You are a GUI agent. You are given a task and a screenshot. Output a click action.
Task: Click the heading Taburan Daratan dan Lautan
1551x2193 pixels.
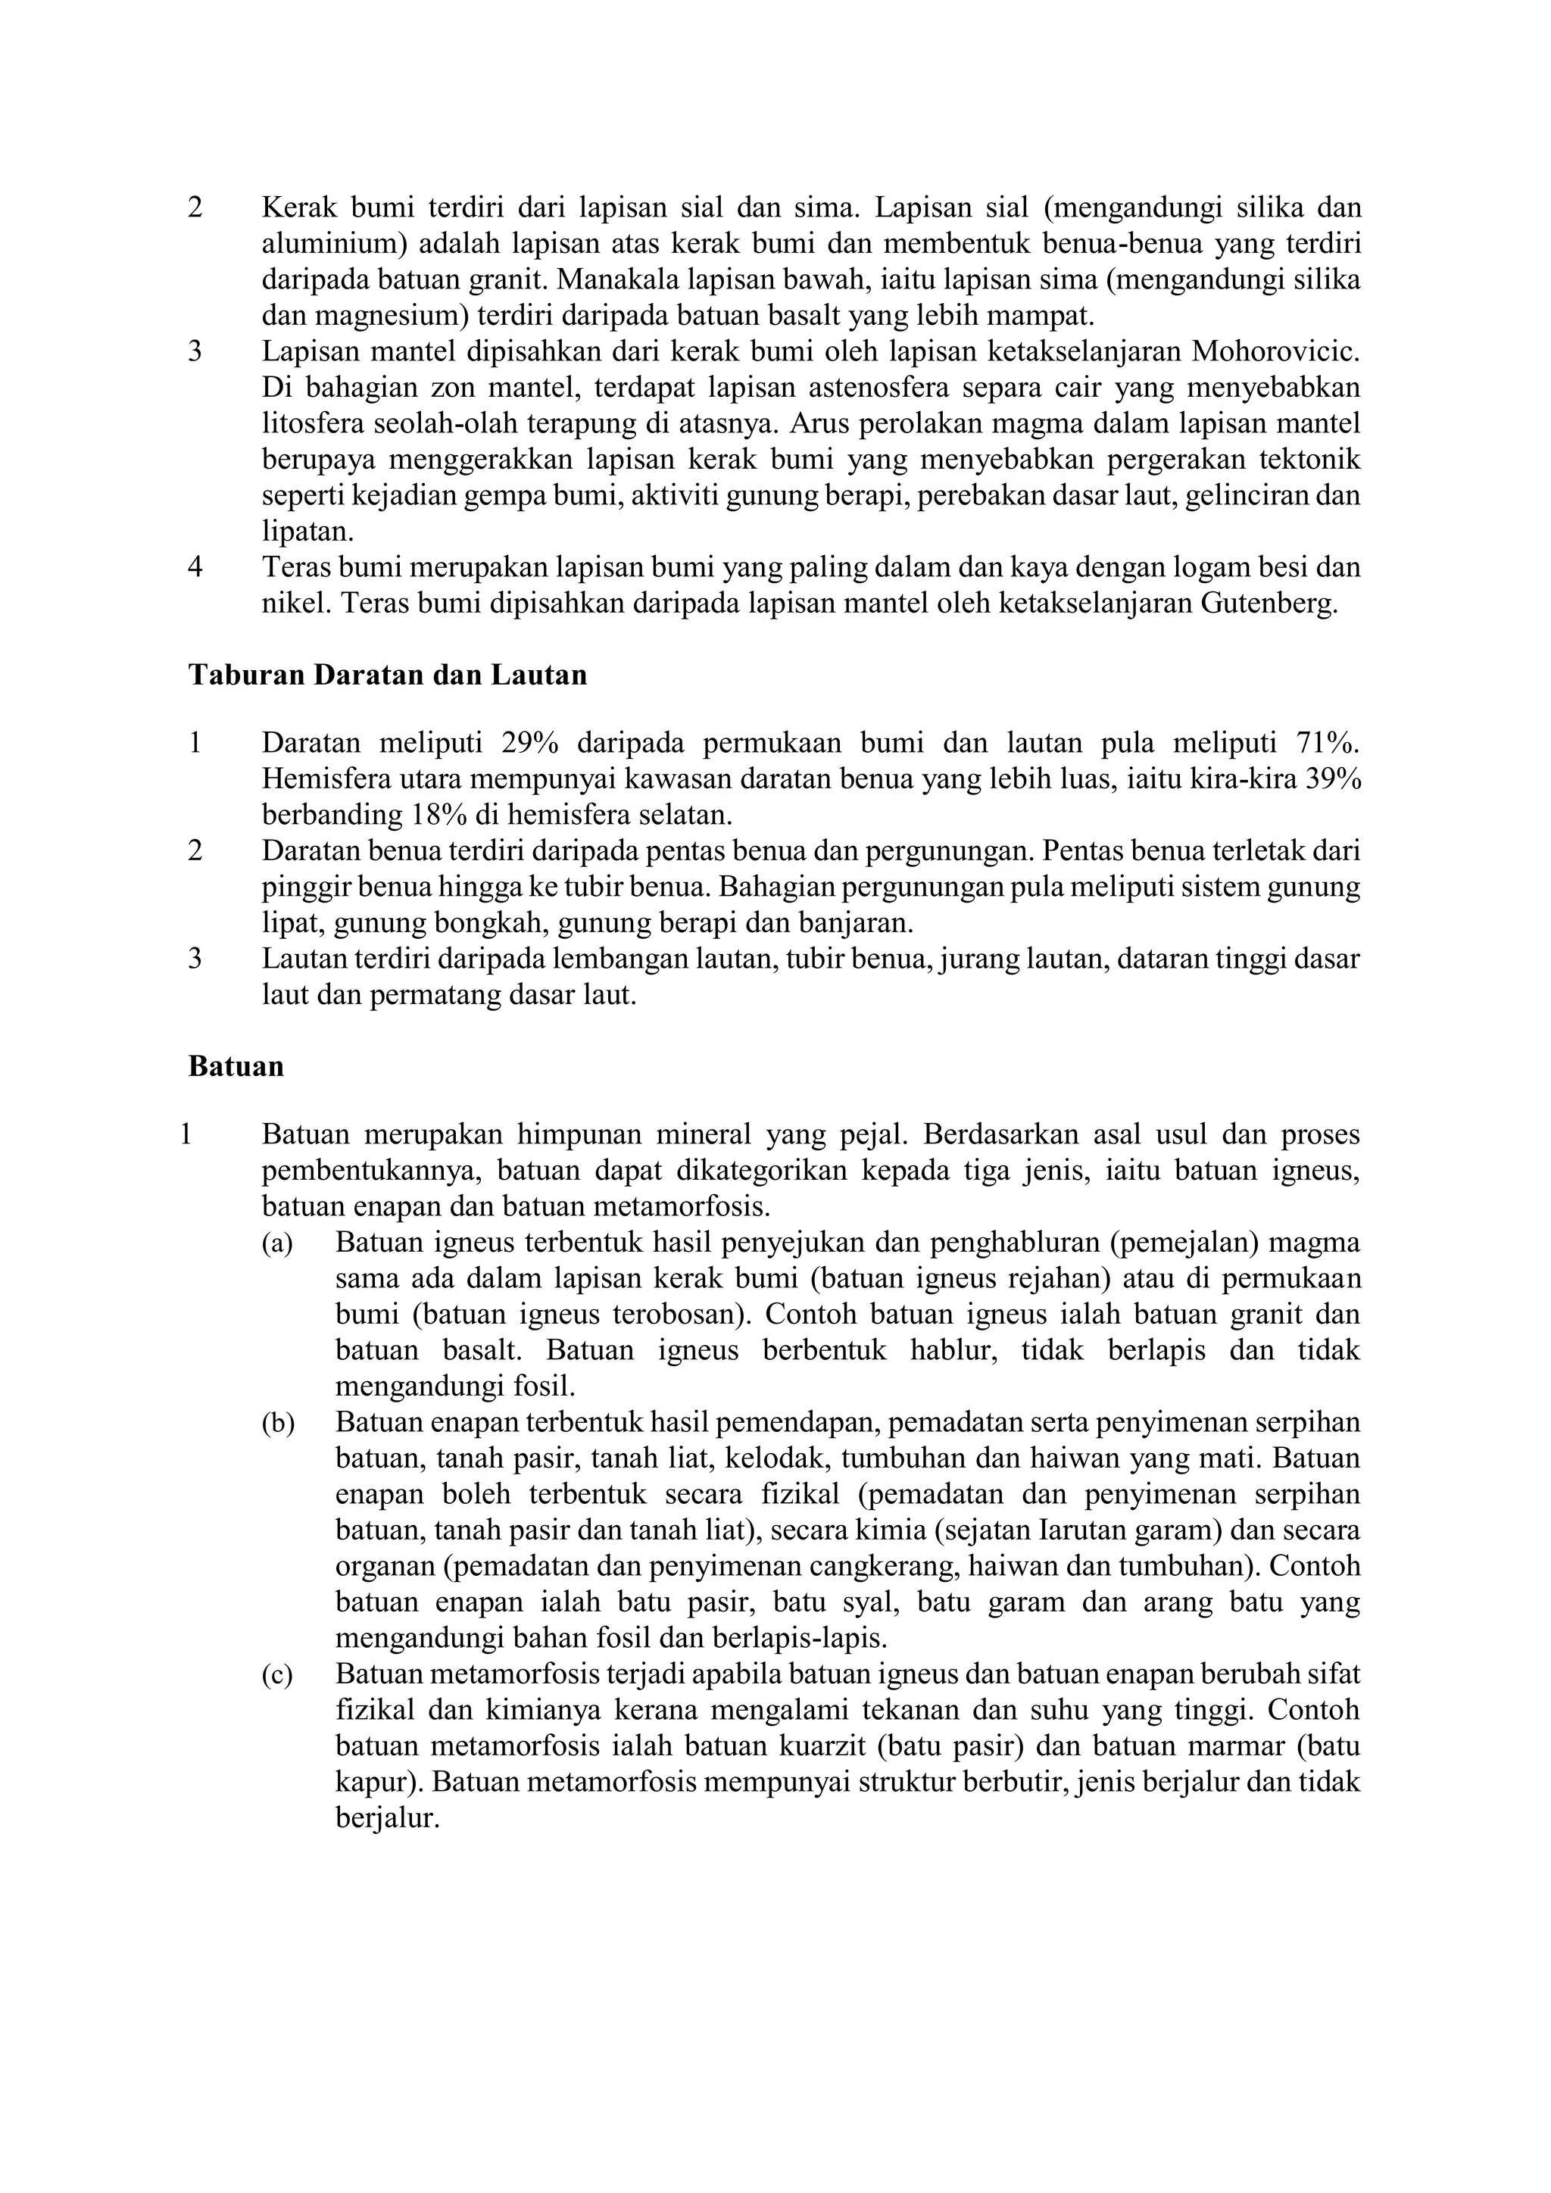pos(387,675)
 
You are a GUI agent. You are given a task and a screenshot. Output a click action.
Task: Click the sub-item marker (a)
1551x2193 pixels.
pos(278,1243)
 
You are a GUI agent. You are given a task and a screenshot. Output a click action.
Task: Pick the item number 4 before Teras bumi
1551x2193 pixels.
pos(196,567)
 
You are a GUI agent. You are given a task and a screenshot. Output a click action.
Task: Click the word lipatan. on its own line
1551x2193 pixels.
pos(307,532)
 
